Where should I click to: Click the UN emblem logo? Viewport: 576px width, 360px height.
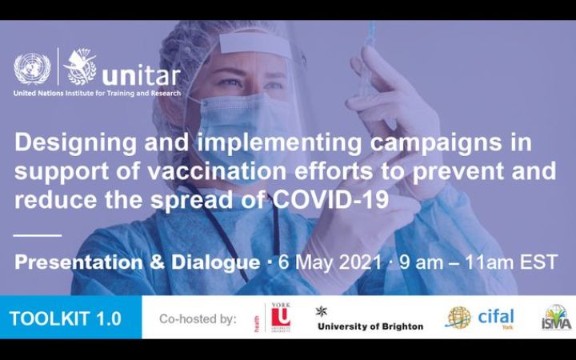[x=31, y=69]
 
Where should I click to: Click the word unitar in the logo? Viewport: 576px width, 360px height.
[x=142, y=74]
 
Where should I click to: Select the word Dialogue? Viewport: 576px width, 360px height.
[x=215, y=262]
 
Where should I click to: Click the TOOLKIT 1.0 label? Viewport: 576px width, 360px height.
[x=65, y=318]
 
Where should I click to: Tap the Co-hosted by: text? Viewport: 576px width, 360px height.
[x=198, y=318]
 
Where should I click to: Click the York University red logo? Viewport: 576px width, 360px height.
[x=280, y=318]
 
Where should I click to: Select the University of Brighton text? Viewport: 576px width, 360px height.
[x=370, y=326]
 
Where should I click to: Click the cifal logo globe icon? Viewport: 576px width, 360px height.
[x=458, y=318]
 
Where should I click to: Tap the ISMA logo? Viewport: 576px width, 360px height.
[x=556, y=318]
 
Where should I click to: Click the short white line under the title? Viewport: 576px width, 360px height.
[x=38, y=235]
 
